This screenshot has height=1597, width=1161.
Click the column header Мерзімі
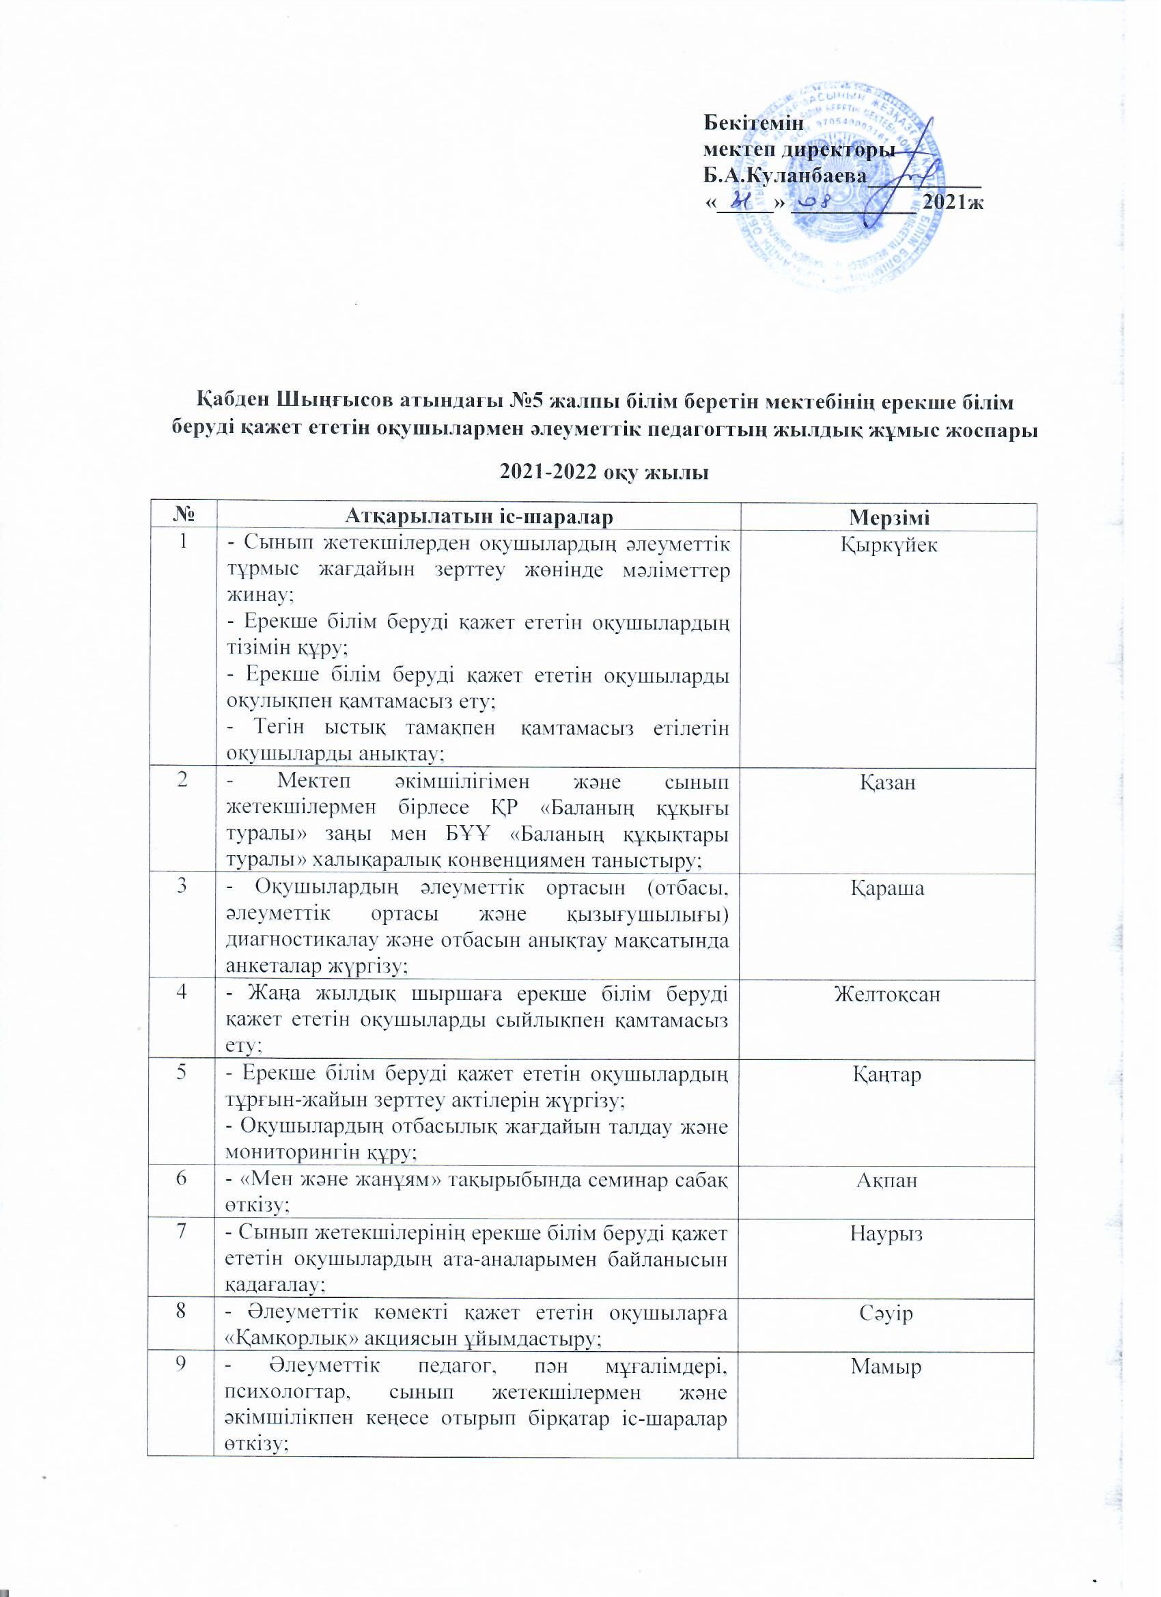[889, 518]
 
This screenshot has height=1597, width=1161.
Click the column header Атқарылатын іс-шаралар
[479, 518]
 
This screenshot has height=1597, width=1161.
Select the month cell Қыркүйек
[889, 546]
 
